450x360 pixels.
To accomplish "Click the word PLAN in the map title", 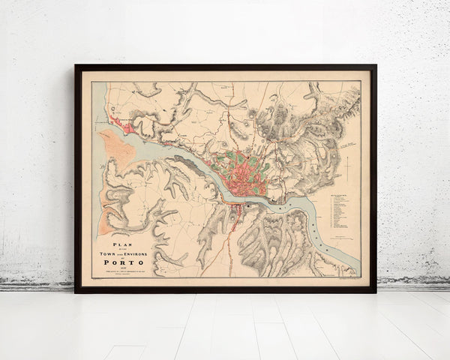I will [123, 244].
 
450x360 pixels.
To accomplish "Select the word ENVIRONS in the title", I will [140, 254].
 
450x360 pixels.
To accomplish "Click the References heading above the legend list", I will [339, 194].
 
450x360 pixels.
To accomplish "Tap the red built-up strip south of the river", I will [237, 217].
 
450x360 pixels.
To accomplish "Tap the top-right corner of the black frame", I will [375, 66].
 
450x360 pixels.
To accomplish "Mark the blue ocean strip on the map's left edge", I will [95, 180].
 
